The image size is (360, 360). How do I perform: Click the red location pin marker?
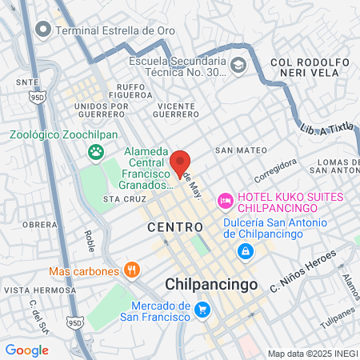click(180, 162)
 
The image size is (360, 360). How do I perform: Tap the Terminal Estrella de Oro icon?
click(44, 30)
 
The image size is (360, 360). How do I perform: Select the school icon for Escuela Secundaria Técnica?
click(238, 64)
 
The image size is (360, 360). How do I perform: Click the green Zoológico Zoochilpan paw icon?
click(96, 150)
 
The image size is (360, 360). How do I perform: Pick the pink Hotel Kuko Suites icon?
click(226, 198)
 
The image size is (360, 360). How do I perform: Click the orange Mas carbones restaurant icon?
click(133, 270)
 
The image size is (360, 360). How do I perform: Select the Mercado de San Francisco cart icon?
click(202, 310)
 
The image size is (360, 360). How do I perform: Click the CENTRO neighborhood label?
click(170, 228)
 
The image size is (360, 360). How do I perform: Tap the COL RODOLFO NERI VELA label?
click(310, 68)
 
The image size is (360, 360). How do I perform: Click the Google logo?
click(26, 350)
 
